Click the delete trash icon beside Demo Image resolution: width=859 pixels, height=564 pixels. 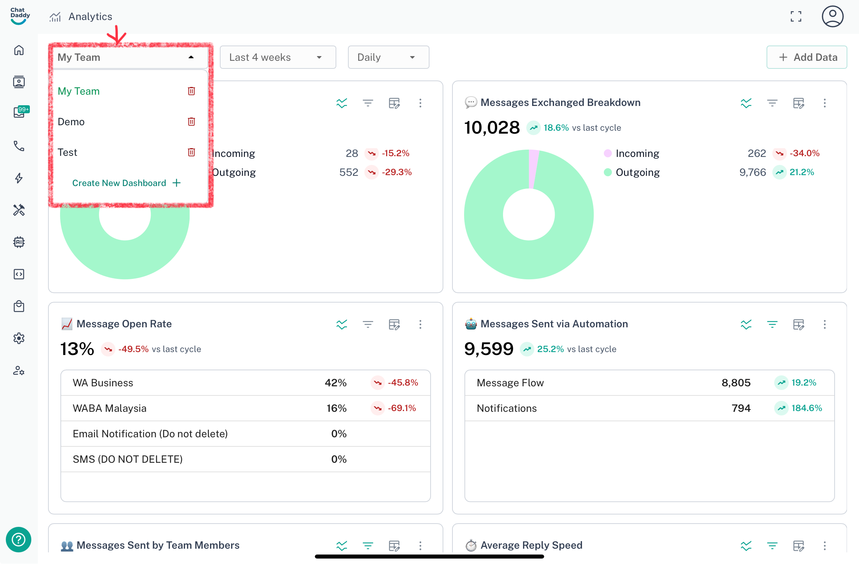pos(191,122)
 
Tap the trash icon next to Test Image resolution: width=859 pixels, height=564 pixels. pos(191,152)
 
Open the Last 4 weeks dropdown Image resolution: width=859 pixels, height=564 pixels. pos(278,57)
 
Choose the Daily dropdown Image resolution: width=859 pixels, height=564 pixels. pos(388,57)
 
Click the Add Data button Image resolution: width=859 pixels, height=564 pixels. pos(807,57)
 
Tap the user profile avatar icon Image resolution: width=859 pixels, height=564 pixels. pos(832,16)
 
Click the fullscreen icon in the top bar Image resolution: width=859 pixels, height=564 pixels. pos(796,16)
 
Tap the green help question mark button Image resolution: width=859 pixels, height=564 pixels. pos(19,539)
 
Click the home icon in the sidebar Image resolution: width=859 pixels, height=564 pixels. pos(19,50)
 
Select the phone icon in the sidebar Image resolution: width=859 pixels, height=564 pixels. pos(19,146)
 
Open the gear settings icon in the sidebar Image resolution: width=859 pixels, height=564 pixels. pos(19,338)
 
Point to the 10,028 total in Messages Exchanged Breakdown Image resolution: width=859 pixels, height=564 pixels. pos(492,128)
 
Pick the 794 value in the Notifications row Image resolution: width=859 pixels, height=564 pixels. pos(741,408)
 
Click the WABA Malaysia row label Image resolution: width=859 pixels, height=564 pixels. pos(110,408)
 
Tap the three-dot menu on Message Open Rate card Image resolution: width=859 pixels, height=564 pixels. pos(420,324)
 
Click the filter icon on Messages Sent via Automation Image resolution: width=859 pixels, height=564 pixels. pos(772,324)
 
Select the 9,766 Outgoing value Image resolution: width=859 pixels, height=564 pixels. pos(752,172)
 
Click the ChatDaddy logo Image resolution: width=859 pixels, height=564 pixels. pos(20,16)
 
